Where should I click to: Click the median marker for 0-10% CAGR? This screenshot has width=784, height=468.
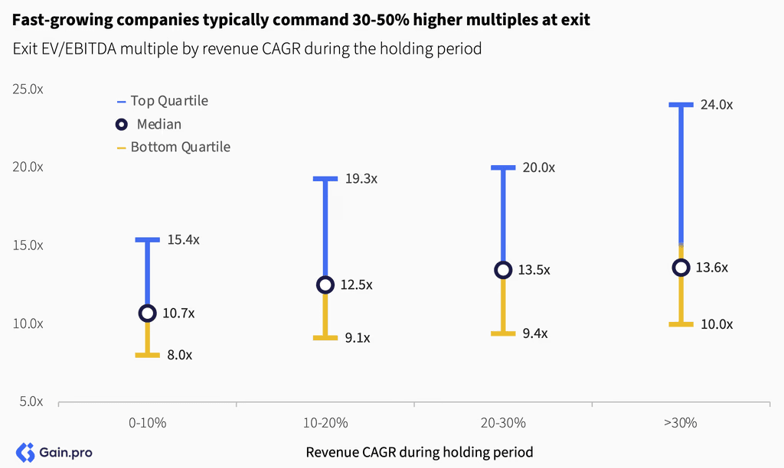[148, 314]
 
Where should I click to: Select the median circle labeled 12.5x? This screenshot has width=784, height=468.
[325, 284]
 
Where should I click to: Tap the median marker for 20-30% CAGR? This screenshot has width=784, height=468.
[504, 270]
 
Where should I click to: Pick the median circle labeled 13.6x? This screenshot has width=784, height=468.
[681, 268]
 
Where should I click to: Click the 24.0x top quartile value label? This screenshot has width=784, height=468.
[717, 105]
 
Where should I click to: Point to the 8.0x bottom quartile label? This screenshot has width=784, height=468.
[179, 355]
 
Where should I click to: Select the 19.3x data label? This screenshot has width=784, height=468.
[361, 179]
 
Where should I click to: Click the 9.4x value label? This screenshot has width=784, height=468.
[535, 333]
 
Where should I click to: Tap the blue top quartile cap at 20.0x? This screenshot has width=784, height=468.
[504, 167]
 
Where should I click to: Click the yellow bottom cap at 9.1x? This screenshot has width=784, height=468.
[325, 338]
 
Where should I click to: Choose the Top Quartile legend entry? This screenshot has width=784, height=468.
[162, 101]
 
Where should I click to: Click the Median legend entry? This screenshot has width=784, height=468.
[149, 124]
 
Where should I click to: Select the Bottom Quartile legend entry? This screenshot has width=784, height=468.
[174, 148]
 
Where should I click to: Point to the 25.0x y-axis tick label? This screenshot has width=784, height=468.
[28, 89]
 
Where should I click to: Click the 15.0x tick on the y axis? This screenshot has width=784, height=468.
[28, 245]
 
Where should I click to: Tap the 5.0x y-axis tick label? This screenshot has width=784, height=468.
[31, 401]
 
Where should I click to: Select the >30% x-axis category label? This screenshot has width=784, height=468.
[681, 423]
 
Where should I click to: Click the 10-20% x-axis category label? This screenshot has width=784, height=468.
[325, 423]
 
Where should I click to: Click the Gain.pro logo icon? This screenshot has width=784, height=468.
[25, 453]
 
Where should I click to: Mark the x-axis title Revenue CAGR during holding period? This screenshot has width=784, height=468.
[420, 453]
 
